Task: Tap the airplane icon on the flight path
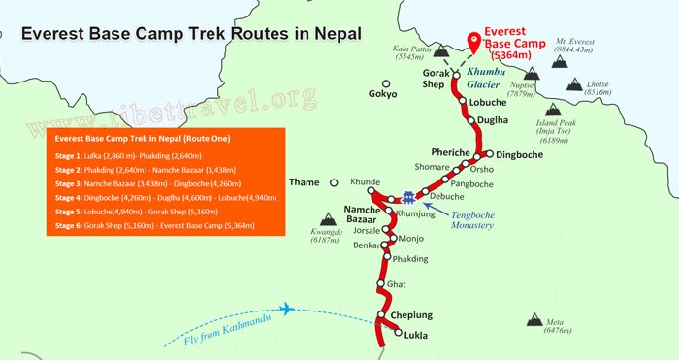[x=285, y=310]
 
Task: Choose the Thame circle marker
[x=333, y=181]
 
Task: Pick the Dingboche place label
[x=522, y=154]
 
